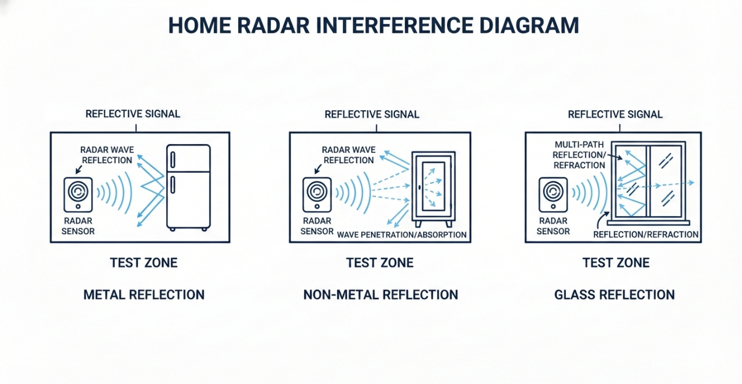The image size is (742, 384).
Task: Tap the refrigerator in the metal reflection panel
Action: coord(188,187)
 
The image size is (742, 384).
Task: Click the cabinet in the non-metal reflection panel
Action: coord(433,189)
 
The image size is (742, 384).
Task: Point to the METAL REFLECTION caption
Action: coord(144,294)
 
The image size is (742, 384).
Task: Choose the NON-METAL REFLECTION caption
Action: coord(380,294)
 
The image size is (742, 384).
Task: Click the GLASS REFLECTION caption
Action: coord(614,294)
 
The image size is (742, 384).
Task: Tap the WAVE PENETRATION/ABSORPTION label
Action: coord(402,235)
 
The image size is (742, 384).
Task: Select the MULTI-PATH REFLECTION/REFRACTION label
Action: coord(580,155)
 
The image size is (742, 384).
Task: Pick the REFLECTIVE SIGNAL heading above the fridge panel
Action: coord(133,114)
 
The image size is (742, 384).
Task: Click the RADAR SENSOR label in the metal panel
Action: coord(79,226)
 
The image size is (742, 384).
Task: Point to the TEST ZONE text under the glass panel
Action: coord(616,263)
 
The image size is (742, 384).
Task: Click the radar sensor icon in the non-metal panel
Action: coord(317,194)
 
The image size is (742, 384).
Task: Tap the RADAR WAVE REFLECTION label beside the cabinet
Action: coord(348,155)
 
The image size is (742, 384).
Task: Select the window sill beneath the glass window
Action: coord(648,222)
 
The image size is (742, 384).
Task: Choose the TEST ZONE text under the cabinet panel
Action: coord(380,263)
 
